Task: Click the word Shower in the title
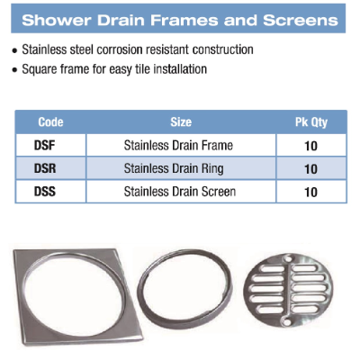pyautogui.click(x=57, y=21)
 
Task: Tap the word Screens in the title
pyautogui.click(x=301, y=21)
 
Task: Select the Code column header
pyautogui.click(x=50, y=122)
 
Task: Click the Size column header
pyautogui.click(x=181, y=122)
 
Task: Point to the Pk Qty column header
pyautogui.click(x=311, y=122)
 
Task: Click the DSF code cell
pyautogui.click(x=45, y=146)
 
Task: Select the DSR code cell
pyautogui.click(x=45, y=168)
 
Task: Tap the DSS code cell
pyautogui.click(x=45, y=192)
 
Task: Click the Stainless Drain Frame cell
pyautogui.click(x=178, y=146)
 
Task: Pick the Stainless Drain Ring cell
pyautogui.click(x=174, y=168)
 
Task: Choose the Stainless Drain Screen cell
pyautogui.click(x=180, y=192)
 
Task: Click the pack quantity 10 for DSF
pyautogui.click(x=310, y=146)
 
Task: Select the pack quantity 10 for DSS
pyautogui.click(x=310, y=193)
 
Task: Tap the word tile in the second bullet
pyautogui.click(x=143, y=69)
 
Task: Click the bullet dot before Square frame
pyautogui.click(x=15, y=70)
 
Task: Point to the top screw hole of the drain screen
pyautogui.click(x=289, y=258)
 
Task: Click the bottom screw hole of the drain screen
pyautogui.click(x=286, y=322)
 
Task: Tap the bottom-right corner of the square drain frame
pyautogui.click(x=142, y=338)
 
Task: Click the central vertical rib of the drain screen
pyautogui.click(x=287, y=290)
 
